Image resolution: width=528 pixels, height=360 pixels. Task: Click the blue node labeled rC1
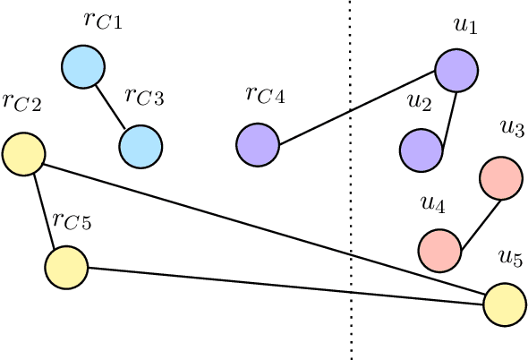click(83, 66)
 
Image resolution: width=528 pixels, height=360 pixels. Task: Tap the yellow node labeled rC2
click(24, 153)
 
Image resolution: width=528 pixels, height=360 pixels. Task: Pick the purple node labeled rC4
click(259, 144)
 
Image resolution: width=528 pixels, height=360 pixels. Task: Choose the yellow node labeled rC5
click(66, 267)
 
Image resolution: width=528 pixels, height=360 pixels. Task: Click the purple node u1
click(456, 70)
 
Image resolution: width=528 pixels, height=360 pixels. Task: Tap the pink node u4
click(439, 250)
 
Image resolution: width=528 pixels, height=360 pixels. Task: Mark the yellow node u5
click(505, 304)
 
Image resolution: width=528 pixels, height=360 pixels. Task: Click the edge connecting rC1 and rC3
click(112, 106)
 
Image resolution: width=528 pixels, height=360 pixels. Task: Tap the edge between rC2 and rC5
click(45, 210)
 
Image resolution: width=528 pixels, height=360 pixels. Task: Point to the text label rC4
click(264, 94)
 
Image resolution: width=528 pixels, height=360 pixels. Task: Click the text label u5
click(509, 260)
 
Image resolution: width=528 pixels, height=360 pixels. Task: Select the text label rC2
click(22, 101)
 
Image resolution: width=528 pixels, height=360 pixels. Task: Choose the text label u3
click(512, 128)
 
